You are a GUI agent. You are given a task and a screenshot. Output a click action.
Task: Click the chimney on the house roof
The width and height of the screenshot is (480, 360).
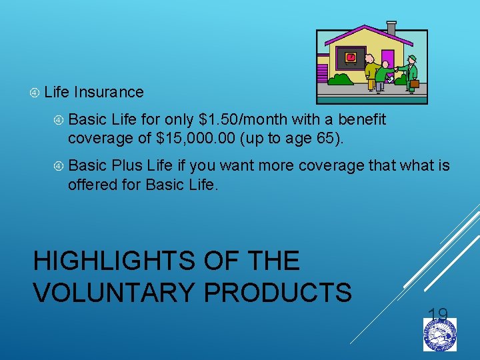point(391,29)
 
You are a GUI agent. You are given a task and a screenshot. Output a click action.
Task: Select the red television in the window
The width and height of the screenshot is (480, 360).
point(351,58)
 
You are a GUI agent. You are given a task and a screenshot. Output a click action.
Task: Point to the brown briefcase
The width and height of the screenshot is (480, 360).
point(414,83)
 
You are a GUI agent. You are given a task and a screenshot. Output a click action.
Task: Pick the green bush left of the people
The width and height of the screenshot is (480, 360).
point(342,79)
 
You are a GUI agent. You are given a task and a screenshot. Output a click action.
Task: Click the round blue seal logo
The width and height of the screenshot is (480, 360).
point(440,334)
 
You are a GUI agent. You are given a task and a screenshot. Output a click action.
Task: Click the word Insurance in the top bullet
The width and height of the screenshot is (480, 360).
point(109,92)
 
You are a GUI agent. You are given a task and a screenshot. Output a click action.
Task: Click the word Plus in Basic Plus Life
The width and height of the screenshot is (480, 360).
point(127,165)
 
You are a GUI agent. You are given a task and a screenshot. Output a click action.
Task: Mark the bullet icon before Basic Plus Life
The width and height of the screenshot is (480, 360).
point(58,165)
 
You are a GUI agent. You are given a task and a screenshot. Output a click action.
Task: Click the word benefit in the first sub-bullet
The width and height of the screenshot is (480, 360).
point(362,120)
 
